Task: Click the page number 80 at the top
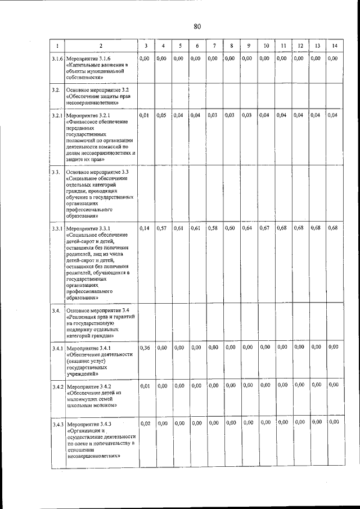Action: [x=197, y=26]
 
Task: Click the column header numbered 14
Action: [x=335, y=46]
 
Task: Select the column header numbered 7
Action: [x=214, y=46]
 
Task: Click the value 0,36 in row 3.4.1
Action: [x=145, y=348]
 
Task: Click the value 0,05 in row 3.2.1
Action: [x=162, y=115]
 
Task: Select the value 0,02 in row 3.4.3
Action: [x=145, y=423]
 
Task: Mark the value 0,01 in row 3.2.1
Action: [x=145, y=115]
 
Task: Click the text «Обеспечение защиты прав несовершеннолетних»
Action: [x=96, y=100]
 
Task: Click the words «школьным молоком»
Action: [x=92, y=404]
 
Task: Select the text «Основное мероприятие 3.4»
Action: [x=98, y=310]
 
